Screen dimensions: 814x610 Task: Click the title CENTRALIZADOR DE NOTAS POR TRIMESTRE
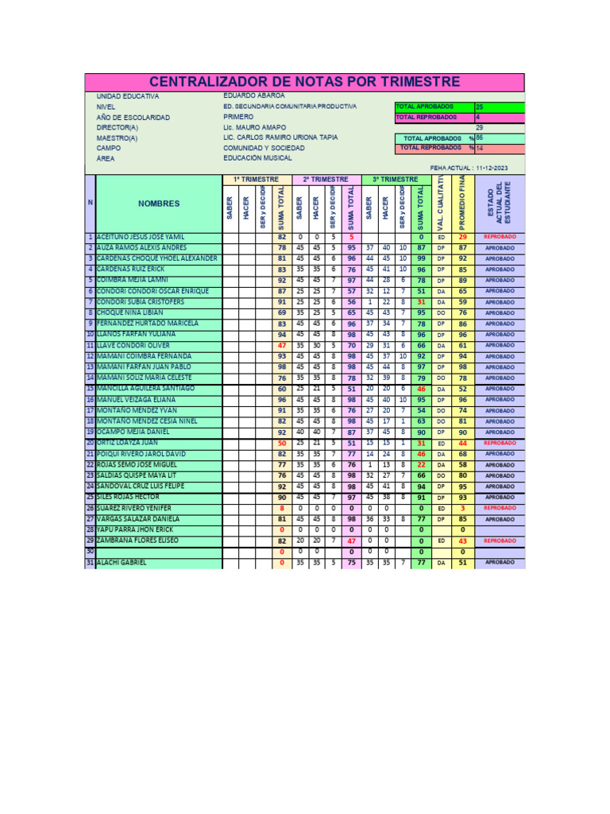[x=304, y=82]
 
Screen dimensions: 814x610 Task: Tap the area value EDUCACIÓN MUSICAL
[x=258, y=158]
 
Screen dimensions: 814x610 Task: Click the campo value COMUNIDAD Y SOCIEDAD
[x=264, y=148]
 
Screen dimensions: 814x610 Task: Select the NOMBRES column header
[x=159, y=203]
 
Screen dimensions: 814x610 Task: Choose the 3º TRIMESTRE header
[x=395, y=180]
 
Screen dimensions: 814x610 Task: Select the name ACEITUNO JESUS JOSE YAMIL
[x=142, y=237]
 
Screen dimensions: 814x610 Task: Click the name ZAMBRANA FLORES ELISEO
[x=137, y=541]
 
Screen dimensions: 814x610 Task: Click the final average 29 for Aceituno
[x=462, y=237]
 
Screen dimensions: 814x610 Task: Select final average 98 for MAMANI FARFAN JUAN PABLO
[x=462, y=367]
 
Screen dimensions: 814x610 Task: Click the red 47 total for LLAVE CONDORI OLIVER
[x=281, y=346]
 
